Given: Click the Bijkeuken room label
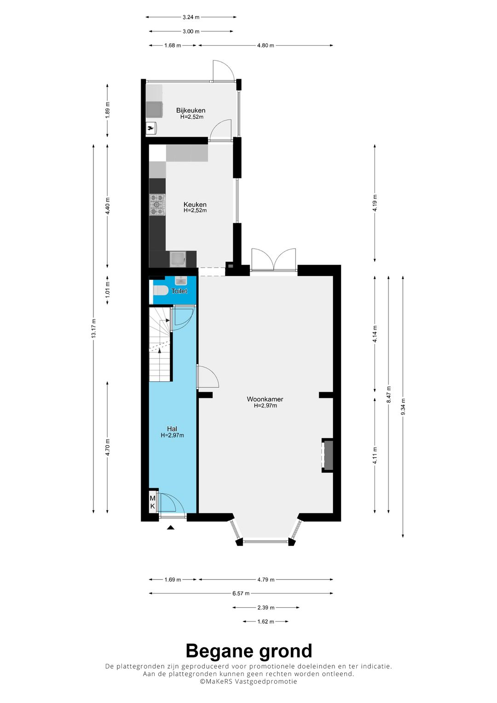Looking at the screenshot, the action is [x=191, y=110].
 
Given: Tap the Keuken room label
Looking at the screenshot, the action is [x=195, y=204].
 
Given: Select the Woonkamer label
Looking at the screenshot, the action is [x=265, y=399].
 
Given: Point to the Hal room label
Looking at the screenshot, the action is [x=172, y=429].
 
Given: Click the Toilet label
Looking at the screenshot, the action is [x=179, y=291].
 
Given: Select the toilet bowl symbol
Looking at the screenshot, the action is [x=160, y=290].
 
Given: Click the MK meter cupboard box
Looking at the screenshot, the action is [x=152, y=502].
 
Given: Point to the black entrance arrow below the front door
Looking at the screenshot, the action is [x=170, y=528].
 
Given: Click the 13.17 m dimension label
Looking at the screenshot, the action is [x=93, y=328].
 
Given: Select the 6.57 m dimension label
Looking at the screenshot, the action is [x=241, y=593].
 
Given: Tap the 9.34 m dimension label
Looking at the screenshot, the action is [x=403, y=407].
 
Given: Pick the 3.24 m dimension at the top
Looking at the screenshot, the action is [x=191, y=17].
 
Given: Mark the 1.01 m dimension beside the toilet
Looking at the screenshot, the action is [x=108, y=290].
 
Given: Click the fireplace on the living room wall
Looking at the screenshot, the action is [x=327, y=455].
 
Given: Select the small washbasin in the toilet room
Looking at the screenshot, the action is [x=181, y=279].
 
